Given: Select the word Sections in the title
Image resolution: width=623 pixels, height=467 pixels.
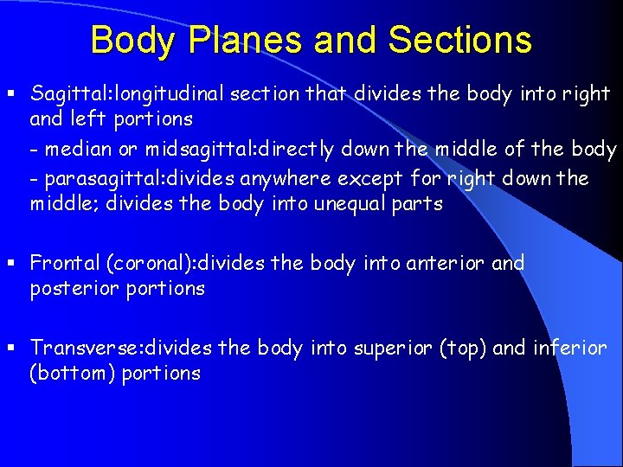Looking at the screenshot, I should tap(460, 41).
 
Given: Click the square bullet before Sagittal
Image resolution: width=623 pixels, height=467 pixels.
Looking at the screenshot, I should tap(11, 93).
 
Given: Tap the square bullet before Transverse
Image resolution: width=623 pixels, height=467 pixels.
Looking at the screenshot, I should tap(11, 348).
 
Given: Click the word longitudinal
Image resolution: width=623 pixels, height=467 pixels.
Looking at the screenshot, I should tap(169, 93).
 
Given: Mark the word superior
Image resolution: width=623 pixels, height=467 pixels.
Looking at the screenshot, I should tap(392, 348).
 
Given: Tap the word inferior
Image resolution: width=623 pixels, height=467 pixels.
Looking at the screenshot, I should tap(570, 348).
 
